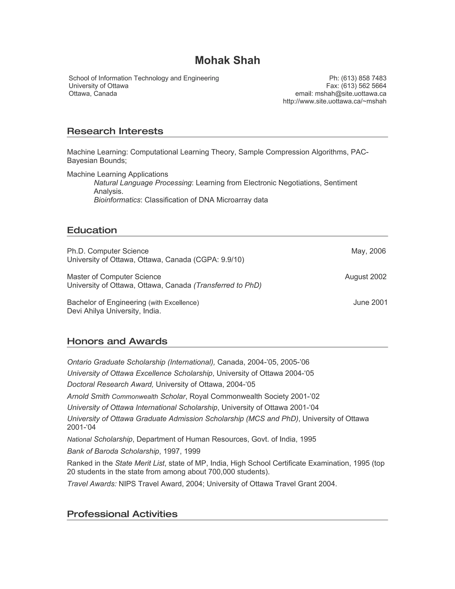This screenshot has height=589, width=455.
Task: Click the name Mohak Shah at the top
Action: [227, 60]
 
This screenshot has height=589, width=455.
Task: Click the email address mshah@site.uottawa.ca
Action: [350, 94]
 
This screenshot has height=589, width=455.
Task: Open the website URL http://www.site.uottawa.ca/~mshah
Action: [335, 101]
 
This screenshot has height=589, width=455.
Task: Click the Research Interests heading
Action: [115, 131]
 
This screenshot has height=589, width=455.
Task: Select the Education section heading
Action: [92, 230]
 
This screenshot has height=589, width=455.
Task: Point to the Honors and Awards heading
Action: [117, 341]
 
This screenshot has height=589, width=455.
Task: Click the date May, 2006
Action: [369, 251]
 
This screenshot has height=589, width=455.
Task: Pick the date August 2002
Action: [365, 277]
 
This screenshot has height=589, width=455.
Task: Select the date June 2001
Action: [370, 303]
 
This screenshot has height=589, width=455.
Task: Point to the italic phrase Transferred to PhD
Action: [227, 286]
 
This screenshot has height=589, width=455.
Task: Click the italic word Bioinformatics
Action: [117, 200]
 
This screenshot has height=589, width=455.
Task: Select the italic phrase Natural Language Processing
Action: [143, 183]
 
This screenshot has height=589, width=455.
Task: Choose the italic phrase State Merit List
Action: [140, 463]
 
